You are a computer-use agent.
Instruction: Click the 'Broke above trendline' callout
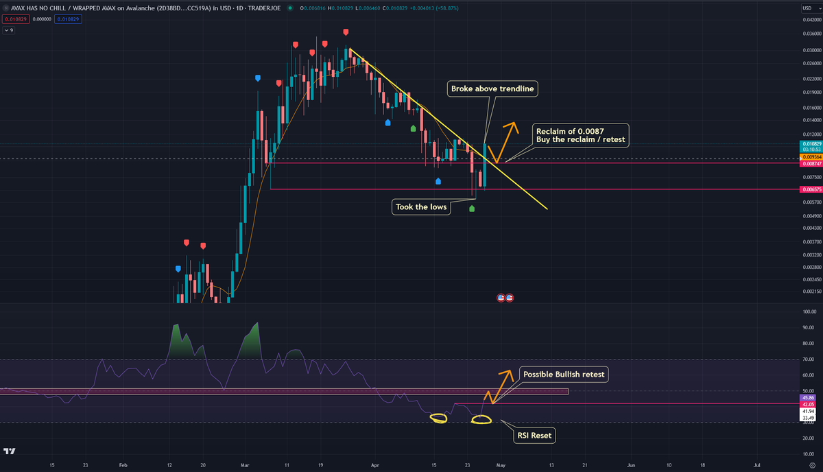point(492,88)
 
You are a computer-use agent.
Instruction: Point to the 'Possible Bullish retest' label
point(564,375)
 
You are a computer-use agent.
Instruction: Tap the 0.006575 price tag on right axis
point(811,189)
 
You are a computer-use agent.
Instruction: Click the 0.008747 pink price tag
point(811,163)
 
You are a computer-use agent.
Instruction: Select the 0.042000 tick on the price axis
point(811,20)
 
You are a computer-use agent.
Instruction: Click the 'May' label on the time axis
point(501,464)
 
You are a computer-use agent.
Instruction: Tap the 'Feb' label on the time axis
point(123,464)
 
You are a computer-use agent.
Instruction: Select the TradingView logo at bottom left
point(10,451)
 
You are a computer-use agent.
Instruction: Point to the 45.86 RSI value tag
point(811,397)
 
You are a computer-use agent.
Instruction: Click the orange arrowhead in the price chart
point(511,126)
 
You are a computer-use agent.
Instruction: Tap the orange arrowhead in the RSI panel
point(506,375)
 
